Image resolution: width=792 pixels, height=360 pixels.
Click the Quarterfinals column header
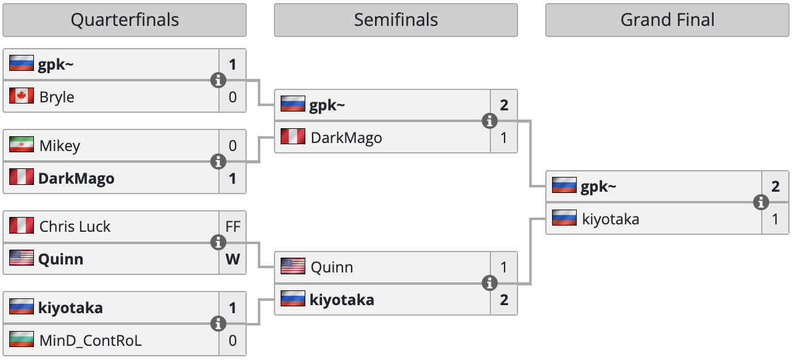[x=125, y=20]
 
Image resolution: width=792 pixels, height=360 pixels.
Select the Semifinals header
[x=396, y=20]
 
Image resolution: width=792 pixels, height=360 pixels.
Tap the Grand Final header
[x=667, y=20]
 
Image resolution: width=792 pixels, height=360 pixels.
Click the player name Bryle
[x=57, y=97]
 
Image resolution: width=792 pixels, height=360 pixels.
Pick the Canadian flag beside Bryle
[x=22, y=96]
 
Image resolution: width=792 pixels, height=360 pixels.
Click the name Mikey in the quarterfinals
[x=60, y=146]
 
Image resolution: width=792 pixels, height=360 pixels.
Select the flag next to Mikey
[x=22, y=145]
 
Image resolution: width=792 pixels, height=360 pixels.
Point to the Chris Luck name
[x=75, y=226]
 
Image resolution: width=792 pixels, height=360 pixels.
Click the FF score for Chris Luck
[x=233, y=226]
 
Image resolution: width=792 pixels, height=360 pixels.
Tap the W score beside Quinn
[x=233, y=260]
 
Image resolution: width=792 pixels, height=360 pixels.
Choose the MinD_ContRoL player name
[x=90, y=340]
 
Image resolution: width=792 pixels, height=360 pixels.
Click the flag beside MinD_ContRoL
[x=22, y=340]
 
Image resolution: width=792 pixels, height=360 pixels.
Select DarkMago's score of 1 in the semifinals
[x=504, y=137]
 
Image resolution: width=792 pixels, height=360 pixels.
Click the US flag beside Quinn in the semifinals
[x=293, y=266]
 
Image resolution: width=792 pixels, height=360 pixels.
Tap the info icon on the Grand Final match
[x=761, y=202]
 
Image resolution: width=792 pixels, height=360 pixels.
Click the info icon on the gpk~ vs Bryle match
[x=218, y=80]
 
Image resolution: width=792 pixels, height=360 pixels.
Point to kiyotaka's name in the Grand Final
[x=611, y=219]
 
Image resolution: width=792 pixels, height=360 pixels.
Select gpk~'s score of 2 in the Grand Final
[x=775, y=187]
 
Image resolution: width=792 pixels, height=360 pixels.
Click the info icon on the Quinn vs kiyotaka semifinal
[x=490, y=283]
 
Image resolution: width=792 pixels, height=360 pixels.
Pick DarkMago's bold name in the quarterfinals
[x=76, y=179]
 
